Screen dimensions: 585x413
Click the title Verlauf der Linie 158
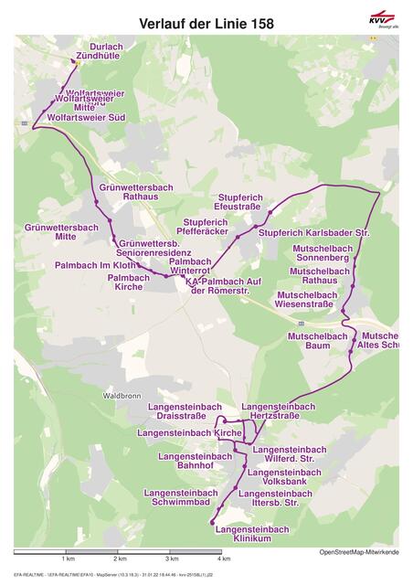click(x=206, y=23)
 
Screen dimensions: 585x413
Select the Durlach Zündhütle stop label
click(x=100, y=51)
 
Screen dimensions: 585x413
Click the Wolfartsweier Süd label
click(x=86, y=118)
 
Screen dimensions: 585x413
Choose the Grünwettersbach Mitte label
click(x=61, y=231)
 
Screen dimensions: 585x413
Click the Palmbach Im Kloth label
click(x=96, y=264)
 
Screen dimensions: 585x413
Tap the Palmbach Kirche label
click(x=128, y=282)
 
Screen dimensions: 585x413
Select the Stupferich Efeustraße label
click(x=239, y=202)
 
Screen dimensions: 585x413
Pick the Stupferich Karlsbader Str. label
click(x=313, y=233)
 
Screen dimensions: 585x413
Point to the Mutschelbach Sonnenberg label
click(x=322, y=253)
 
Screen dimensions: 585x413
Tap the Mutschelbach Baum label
click(x=318, y=341)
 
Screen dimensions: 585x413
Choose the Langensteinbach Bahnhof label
click(x=195, y=461)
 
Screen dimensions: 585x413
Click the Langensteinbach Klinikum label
click(x=253, y=534)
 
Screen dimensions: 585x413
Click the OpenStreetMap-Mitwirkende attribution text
click(x=358, y=552)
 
